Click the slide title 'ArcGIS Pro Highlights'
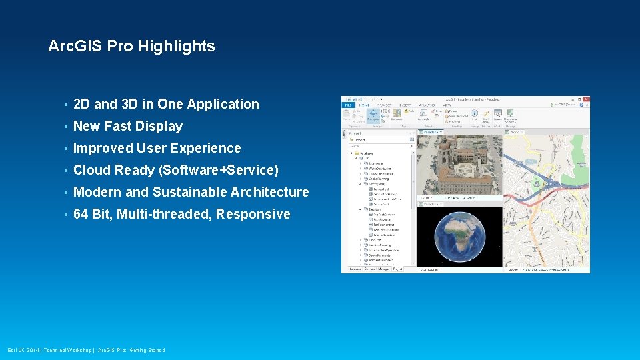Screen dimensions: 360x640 [x=131, y=47]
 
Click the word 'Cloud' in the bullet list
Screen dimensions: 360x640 [x=92, y=171]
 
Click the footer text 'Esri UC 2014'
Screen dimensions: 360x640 [x=23, y=350]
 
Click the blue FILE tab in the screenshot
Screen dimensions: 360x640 [x=348, y=105]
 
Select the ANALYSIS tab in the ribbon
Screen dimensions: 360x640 [x=427, y=105]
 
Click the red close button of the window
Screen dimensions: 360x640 [x=585, y=99]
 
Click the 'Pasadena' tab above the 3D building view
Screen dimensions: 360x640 [x=430, y=132]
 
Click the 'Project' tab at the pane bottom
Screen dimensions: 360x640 [x=398, y=269]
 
